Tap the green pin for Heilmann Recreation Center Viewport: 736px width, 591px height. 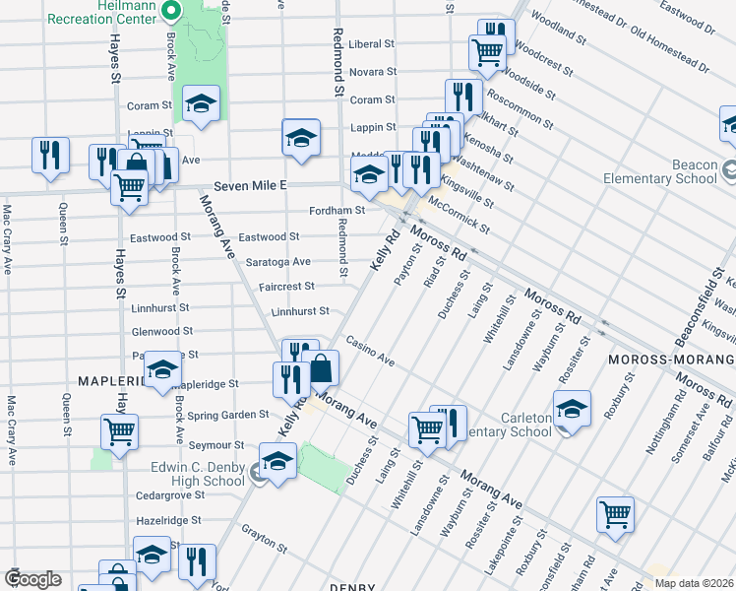coord(169,11)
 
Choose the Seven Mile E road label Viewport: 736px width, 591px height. coord(250,185)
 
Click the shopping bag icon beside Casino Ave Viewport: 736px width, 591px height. coord(323,368)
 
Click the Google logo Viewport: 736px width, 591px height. coord(32,579)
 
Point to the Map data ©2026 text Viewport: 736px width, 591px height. coord(693,582)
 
